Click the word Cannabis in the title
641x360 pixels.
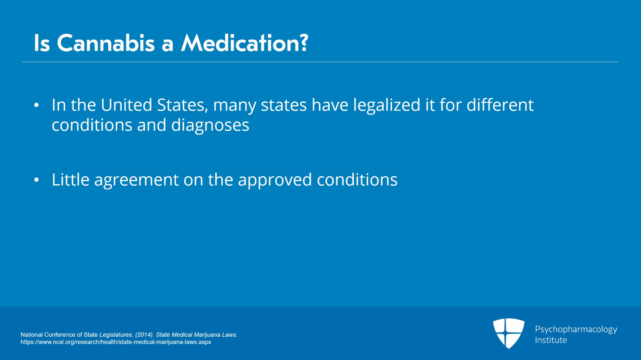106,43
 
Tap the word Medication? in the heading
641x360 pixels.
245,43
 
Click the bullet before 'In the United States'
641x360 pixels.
36,105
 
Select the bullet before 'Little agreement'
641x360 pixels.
36,180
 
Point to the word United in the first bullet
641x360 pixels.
126,105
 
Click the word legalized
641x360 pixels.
386,105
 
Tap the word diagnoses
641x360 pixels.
210,125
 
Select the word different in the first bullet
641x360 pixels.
500,105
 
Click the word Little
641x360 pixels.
71,179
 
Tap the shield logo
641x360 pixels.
508,333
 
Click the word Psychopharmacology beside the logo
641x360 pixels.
576,330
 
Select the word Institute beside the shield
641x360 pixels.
551,340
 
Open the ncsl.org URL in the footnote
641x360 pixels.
116,342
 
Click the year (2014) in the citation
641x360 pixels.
144,335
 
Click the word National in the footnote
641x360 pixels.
32,334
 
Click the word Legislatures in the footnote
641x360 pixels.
116,335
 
